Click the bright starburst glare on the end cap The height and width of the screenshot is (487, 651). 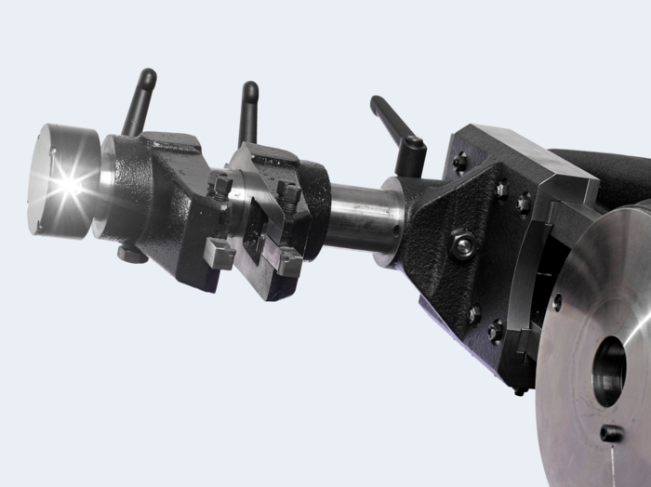67,185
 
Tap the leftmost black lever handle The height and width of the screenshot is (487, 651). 140,99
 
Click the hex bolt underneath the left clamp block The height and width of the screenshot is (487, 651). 131,252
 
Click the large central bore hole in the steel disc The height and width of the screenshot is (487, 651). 609,370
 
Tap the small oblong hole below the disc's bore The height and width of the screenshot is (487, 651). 611,433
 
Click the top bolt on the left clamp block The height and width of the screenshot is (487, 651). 222,187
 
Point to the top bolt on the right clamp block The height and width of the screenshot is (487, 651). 289,195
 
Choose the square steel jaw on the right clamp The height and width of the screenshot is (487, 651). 286,261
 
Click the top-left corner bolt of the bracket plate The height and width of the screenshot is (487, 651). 459,162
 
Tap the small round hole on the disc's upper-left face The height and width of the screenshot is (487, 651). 557,302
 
